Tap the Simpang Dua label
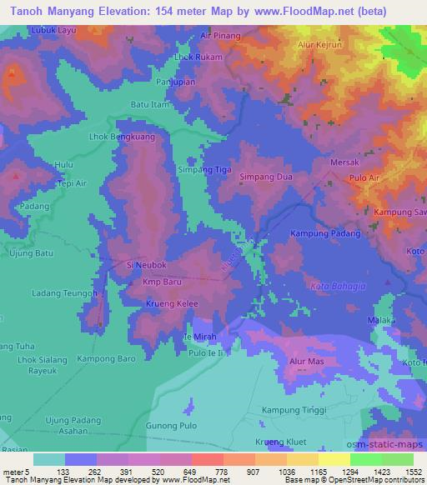[266, 177]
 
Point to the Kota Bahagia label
[337, 287]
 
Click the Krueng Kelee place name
[170, 304]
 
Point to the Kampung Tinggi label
[292, 412]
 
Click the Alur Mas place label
[306, 362]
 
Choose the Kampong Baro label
[106, 358]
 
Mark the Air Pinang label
[221, 36]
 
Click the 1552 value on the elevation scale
[404, 471]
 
